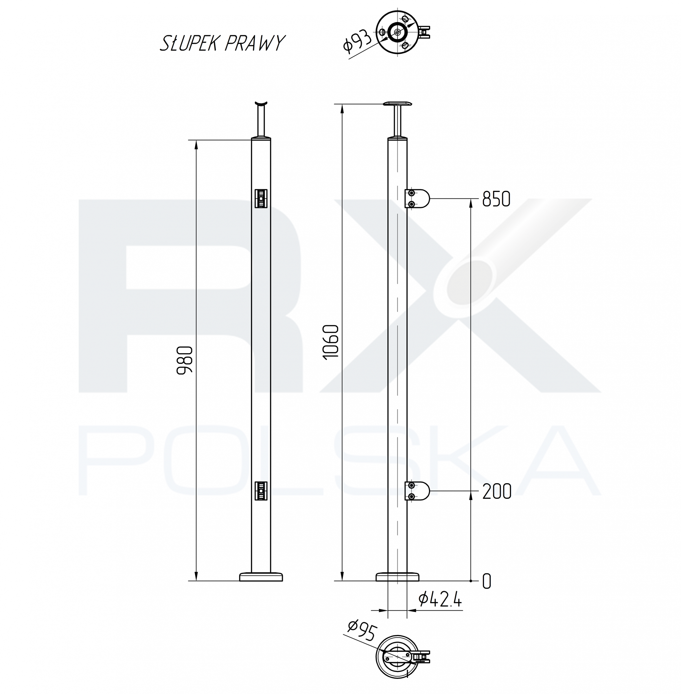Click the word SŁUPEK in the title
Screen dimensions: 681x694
(189, 43)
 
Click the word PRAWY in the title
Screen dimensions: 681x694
(255, 43)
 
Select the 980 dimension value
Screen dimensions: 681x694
(185, 360)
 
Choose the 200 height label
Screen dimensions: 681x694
(496, 492)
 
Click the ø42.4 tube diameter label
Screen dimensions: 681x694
(440, 599)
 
